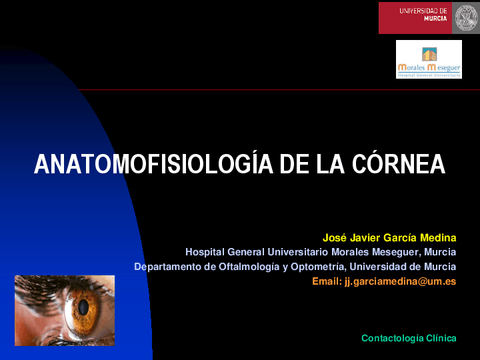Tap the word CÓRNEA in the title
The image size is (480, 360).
tap(397, 165)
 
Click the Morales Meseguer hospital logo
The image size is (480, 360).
tap(428, 59)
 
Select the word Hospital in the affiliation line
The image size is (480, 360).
tap(207, 252)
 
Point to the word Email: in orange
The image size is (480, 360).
tap(326, 282)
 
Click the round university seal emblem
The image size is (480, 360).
tap(465, 17)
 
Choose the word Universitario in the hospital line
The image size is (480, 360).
tap(296, 252)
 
